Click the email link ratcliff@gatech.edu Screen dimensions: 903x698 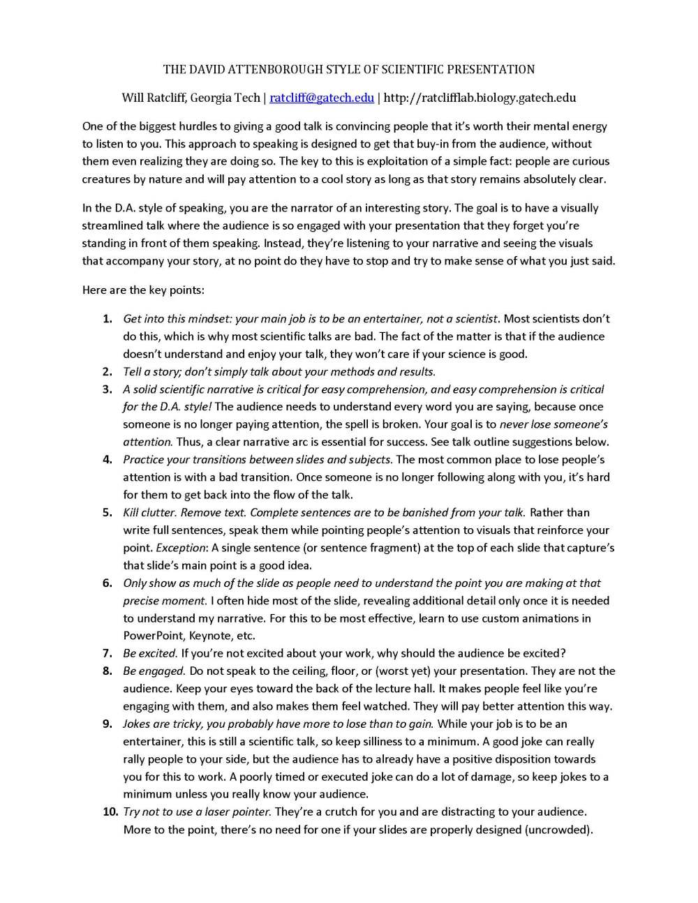point(322,98)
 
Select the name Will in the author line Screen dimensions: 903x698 point(133,98)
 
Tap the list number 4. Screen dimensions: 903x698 point(107,459)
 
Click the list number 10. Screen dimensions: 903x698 point(110,812)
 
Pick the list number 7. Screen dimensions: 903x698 point(107,653)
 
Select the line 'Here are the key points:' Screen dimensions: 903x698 point(143,290)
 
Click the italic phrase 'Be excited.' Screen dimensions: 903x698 point(150,653)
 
